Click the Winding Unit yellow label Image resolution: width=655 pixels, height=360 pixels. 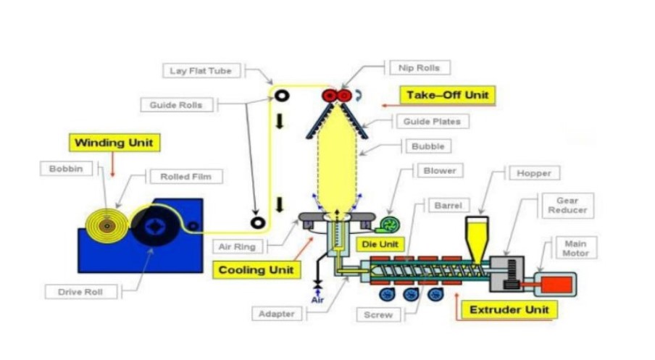pos(113,142)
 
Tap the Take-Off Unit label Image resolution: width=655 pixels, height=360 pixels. pos(447,95)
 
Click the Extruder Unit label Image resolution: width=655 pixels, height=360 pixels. pos(509,310)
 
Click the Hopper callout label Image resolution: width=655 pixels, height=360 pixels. pos(534,173)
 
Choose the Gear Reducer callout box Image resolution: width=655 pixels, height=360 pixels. pos(567,205)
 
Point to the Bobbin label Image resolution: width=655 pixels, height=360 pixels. pos(67,169)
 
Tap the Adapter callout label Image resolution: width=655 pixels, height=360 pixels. pos(275,314)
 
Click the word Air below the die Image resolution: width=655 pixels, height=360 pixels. pos(317,299)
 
